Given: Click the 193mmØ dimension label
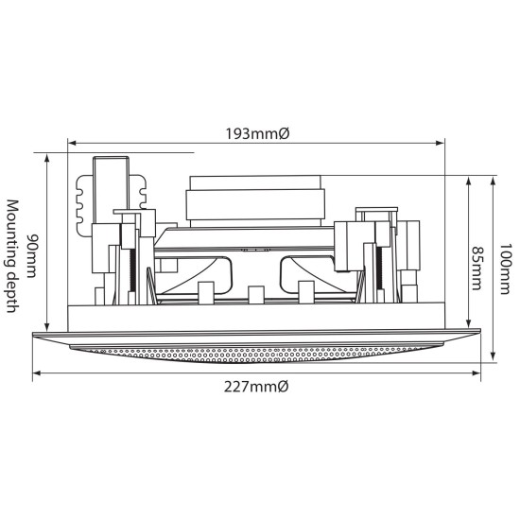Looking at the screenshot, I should point(255,134).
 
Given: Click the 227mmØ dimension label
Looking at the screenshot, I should point(255,387).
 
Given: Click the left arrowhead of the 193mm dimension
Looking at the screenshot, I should point(72,144).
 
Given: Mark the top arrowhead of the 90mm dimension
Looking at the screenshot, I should point(46,155).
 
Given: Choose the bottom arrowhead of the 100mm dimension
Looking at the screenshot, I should point(494,356).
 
